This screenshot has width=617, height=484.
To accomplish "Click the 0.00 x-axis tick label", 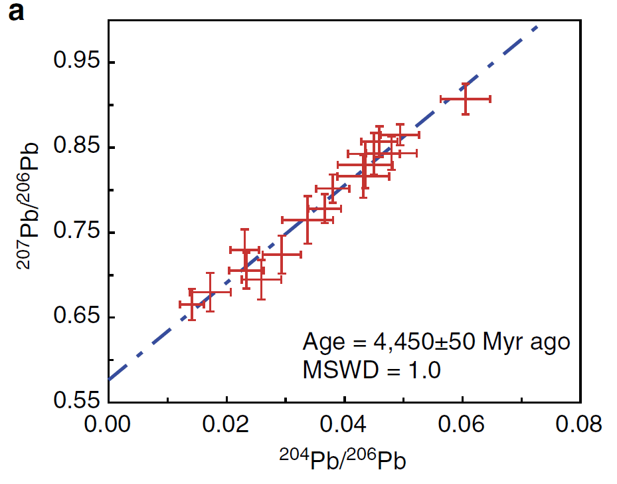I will [x=109, y=425].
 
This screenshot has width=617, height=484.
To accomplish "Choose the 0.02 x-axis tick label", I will [x=227, y=425].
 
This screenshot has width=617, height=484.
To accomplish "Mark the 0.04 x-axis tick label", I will [x=345, y=425].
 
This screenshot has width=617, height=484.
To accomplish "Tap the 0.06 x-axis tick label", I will [x=463, y=425].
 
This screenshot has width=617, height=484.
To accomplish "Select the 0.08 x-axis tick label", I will [x=580, y=425].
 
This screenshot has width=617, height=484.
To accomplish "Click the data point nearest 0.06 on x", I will [x=466, y=99].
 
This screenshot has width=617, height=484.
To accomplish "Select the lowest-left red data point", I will [x=192, y=304].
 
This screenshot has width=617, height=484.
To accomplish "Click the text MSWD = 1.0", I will [x=371, y=370].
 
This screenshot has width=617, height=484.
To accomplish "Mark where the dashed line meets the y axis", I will [x=109, y=380].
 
